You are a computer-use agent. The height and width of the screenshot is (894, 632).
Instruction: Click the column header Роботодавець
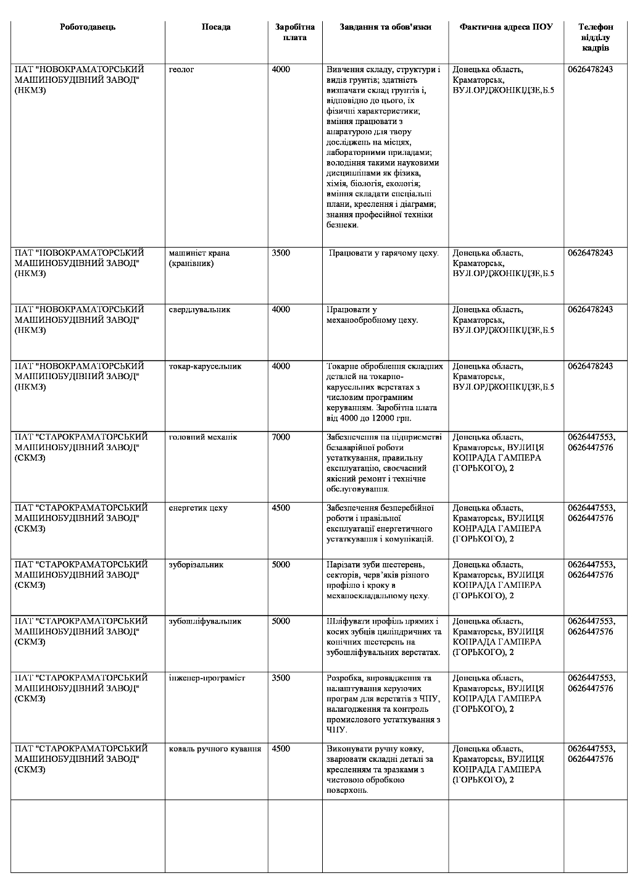coord(88,27)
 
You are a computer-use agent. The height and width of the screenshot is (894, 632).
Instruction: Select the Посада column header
coord(216,27)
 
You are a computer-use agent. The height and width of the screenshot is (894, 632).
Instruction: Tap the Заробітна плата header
coord(294,32)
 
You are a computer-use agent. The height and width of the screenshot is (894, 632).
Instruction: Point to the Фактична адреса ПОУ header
coord(505,27)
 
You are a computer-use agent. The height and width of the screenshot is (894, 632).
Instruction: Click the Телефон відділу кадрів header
coord(595,37)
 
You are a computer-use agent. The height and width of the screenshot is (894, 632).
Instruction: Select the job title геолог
coord(181,70)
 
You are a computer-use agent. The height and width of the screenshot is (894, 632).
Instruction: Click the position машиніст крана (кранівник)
coord(199,258)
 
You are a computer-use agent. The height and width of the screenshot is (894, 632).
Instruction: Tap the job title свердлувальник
coord(199,309)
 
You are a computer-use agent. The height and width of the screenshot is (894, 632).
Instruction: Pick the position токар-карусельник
coord(205,366)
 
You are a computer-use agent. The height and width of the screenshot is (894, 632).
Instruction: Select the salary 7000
coord(281,437)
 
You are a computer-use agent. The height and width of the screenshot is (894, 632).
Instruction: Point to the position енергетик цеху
coord(197,508)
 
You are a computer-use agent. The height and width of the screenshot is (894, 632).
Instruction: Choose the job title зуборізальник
coord(196,565)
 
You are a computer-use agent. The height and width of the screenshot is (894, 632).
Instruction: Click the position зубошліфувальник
coord(205,621)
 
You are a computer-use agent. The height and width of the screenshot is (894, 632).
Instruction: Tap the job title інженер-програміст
coord(207,678)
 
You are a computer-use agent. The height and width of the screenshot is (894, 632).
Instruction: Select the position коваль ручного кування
coord(215,749)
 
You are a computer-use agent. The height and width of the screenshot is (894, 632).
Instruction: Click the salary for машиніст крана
coord(281,253)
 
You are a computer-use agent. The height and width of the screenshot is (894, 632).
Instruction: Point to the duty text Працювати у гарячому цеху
coord(383,253)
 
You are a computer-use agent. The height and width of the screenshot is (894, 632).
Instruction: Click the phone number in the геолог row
coord(590,70)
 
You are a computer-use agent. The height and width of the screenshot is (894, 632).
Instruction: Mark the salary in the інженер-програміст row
coord(281,678)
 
